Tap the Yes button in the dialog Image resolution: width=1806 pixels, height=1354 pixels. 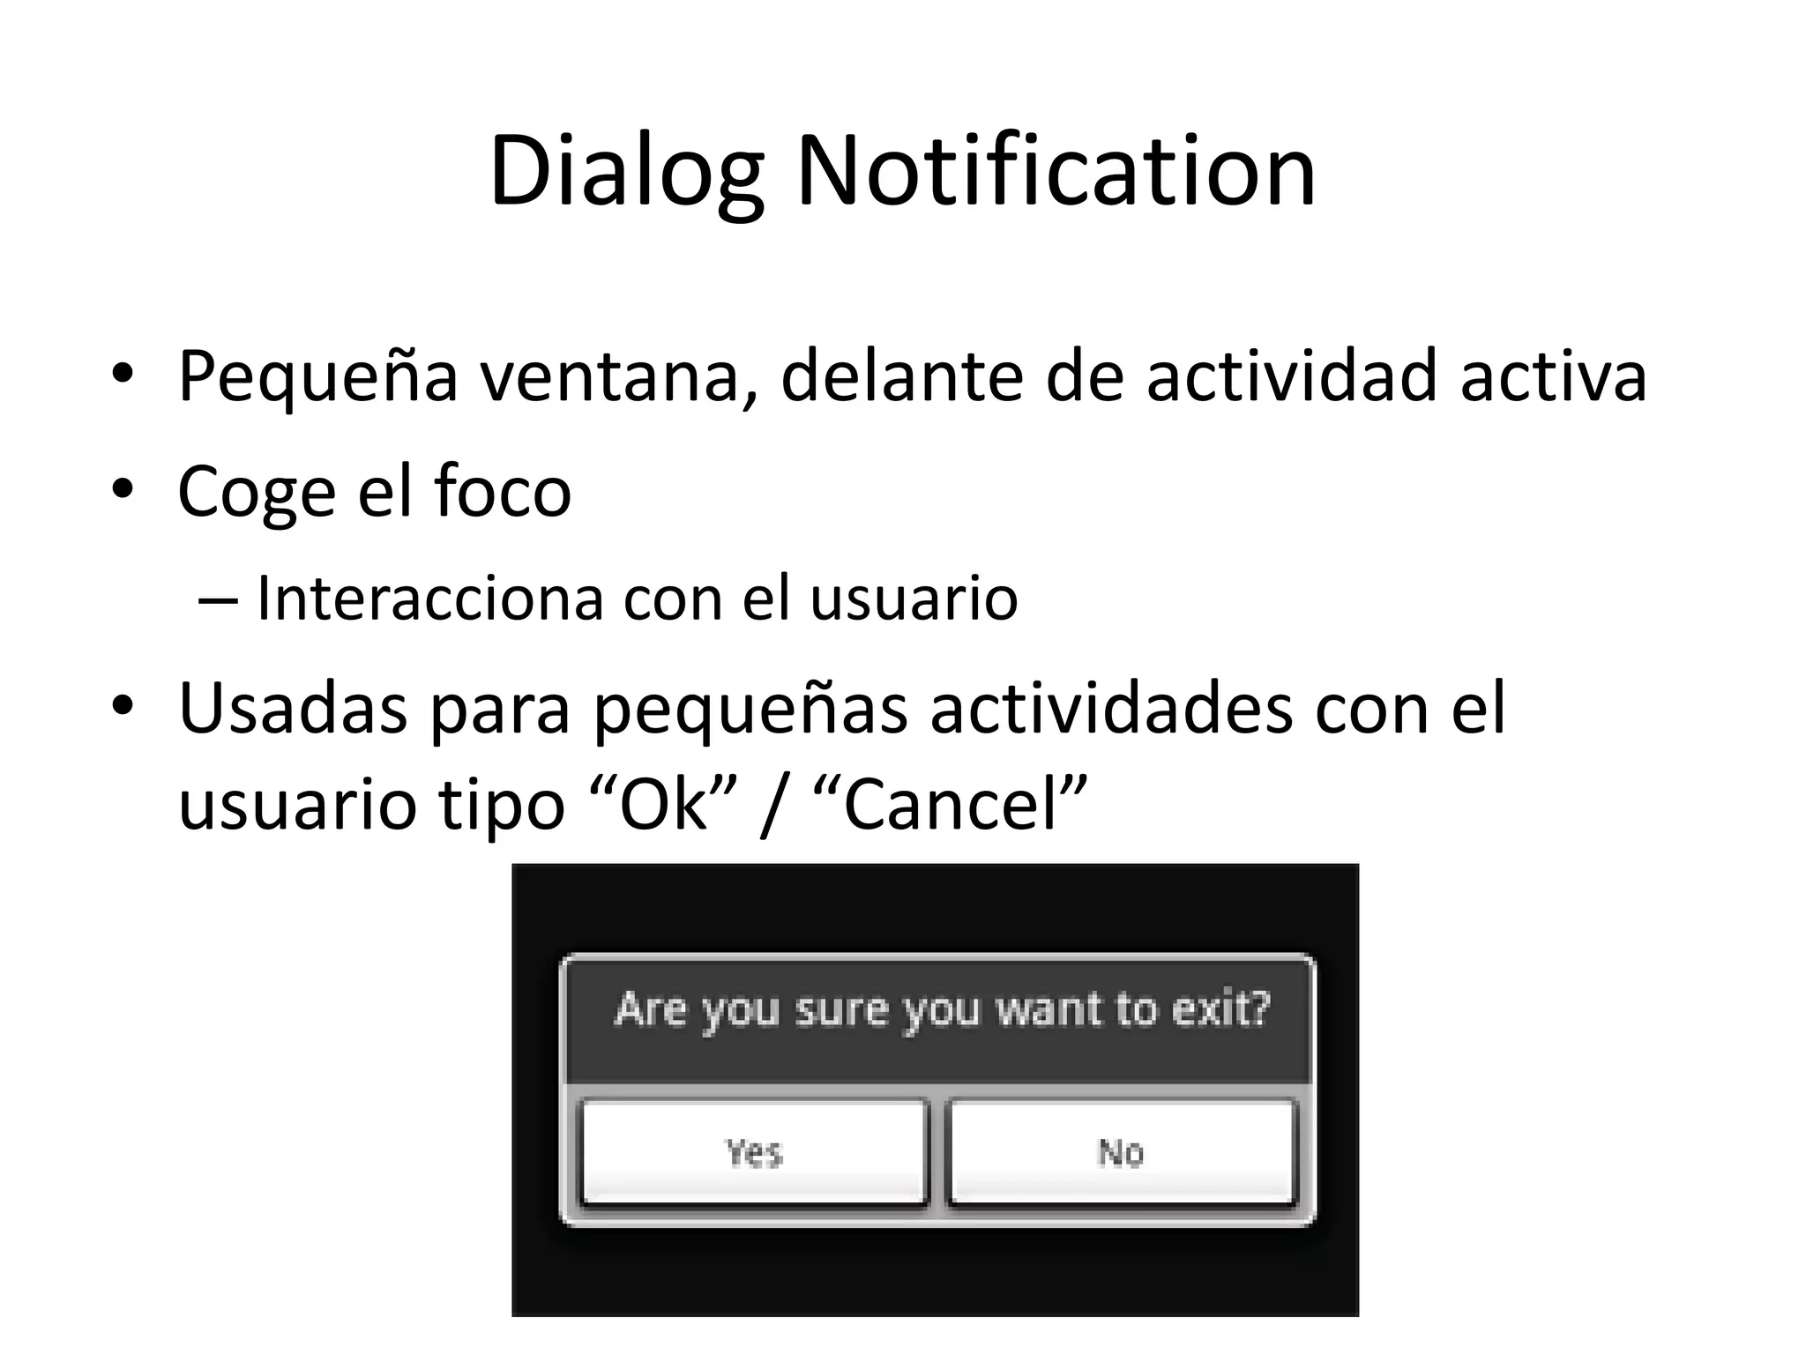pyautogui.click(x=754, y=1152)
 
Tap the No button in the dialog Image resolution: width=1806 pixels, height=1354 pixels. pyautogui.click(x=1121, y=1152)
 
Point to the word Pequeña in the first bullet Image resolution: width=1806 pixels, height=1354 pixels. pyautogui.click(x=317, y=377)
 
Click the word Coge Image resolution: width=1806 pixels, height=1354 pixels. pyautogui.click(x=257, y=492)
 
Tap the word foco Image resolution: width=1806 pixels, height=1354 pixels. pyautogui.click(x=503, y=490)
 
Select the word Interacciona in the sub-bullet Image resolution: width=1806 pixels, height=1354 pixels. pyautogui.click(x=430, y=599)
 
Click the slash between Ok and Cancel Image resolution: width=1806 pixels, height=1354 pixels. pyautogui.click(x=772, y=807)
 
